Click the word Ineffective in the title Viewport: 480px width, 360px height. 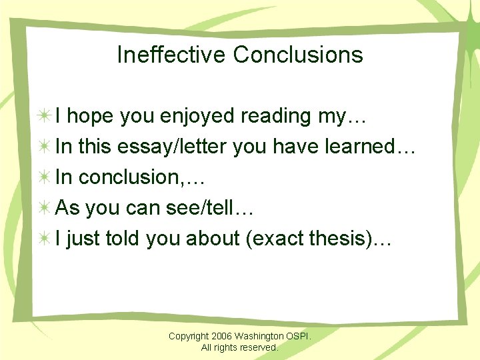pos(171,55)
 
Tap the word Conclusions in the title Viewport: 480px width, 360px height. pos(298,55)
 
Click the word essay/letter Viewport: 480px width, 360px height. pos(173,147)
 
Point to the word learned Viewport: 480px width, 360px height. pos(360,147)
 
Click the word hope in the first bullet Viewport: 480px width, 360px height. pos(93,116)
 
